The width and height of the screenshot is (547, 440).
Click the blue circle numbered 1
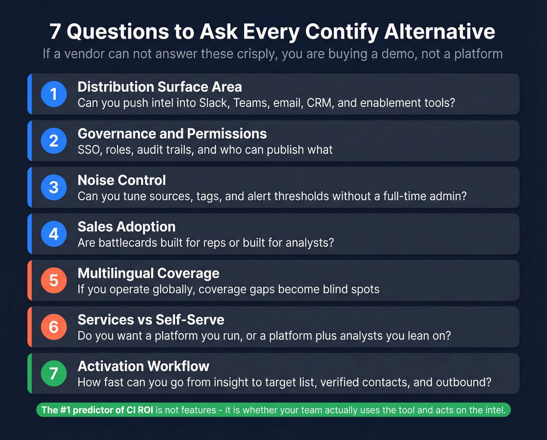(54, 94)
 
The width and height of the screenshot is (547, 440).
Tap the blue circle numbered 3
(54, 187)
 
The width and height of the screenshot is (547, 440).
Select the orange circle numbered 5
(54, 280)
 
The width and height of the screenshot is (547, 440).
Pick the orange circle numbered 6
(54, 327)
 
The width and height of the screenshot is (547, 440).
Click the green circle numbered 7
(54, 373)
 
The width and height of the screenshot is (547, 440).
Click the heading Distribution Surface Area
(159, 87)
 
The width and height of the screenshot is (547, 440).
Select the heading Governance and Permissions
(172, 134)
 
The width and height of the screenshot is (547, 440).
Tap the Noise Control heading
(122, 180)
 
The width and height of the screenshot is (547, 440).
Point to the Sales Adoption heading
(126, 227)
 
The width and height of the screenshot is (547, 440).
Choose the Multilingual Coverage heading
(148, 273)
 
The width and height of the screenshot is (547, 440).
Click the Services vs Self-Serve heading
(151, 320)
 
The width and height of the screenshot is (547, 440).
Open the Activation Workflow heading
(143, 366)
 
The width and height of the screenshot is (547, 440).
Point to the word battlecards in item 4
(129, 243)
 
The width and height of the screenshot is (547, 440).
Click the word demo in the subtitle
(399, 54)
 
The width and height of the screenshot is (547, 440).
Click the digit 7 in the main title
(55, 32)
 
